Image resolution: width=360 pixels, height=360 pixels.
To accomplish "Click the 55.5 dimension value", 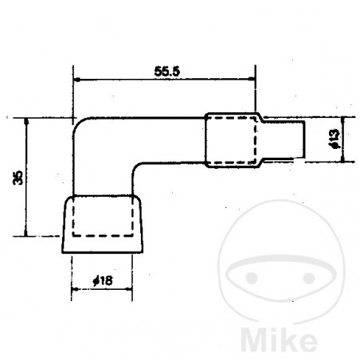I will tap(166, 71).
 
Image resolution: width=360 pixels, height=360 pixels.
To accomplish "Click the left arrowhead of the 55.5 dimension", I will tap(76, 80).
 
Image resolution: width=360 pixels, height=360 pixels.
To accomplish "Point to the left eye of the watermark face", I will tap(250, 280).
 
